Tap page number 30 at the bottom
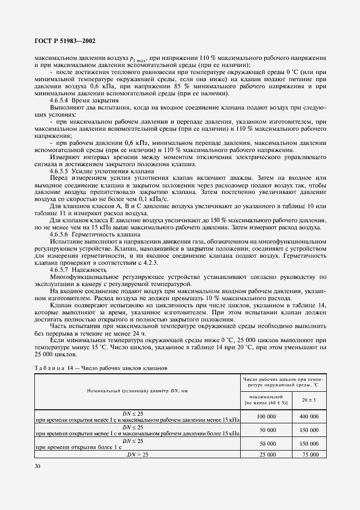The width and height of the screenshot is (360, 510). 38,466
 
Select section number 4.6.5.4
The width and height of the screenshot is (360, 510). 62,101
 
